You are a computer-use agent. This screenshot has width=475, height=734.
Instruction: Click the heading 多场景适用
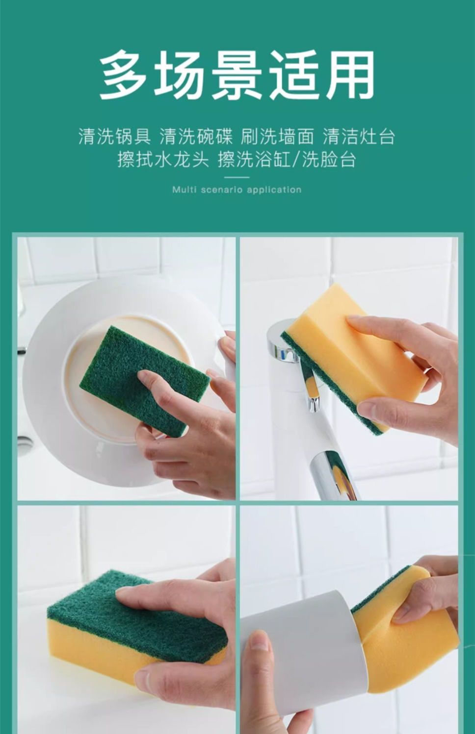pos(237,75)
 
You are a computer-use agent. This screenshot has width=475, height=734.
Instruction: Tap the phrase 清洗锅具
pos(114,136)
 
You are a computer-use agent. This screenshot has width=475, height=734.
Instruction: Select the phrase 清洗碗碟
pos(196,136)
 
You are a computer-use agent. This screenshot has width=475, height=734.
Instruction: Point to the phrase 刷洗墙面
pos(277,136)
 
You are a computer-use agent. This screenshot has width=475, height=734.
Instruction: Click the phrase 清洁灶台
pos(359,136)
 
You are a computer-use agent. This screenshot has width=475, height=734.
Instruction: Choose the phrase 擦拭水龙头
pos(163,160)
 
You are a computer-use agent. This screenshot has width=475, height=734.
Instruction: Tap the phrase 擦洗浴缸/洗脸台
pos(287,160)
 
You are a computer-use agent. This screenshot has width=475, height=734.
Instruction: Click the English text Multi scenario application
pos(237,190)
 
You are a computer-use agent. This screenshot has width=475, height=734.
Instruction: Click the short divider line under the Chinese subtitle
pos(237,177)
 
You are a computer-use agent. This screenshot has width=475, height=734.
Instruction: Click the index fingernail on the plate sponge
pos(144,376)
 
